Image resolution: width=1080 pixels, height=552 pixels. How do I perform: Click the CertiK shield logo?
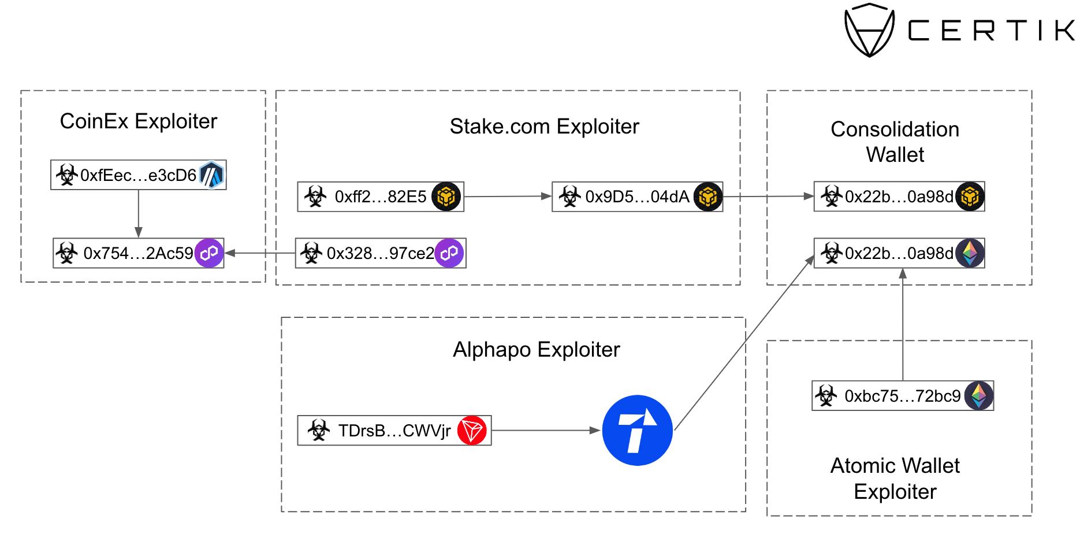coord(869,30)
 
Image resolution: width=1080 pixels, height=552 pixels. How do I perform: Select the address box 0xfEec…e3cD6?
coord(138,175)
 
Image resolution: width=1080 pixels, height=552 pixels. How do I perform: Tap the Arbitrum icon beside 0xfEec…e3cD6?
coord(211,175)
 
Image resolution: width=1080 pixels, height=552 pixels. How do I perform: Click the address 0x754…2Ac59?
coord(138,253)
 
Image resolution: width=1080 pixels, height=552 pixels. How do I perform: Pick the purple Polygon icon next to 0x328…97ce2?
coord(449,253)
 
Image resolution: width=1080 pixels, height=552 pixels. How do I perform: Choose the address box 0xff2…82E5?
coord(380,197)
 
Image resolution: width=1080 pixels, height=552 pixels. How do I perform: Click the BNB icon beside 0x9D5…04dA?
coord(708,197)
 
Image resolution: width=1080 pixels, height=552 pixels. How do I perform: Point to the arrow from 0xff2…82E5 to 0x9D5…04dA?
coord(508,197)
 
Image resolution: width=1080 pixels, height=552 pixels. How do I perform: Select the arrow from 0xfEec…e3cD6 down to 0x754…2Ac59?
coord(139,213)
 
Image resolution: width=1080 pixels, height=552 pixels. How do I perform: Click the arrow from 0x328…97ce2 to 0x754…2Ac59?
coord(260,253)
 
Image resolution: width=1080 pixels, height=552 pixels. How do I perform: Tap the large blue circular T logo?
coord(637,430)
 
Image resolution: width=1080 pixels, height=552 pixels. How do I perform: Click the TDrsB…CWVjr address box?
coord(394,431)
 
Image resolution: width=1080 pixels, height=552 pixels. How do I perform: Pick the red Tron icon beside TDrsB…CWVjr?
coord(472,431)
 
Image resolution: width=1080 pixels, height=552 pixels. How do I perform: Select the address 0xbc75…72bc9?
coord(902,396)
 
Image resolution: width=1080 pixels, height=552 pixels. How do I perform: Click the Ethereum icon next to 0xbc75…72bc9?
coord(979,395)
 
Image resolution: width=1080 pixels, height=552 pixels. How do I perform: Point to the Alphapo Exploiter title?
coord(536,350)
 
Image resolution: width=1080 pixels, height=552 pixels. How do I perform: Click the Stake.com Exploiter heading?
coord(544,127)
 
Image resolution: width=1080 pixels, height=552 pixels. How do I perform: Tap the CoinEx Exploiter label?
coord(139,121)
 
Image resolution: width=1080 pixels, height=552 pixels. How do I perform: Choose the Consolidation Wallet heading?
coord(895,142)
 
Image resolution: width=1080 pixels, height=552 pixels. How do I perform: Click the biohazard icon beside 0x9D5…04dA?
coord(569,197)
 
